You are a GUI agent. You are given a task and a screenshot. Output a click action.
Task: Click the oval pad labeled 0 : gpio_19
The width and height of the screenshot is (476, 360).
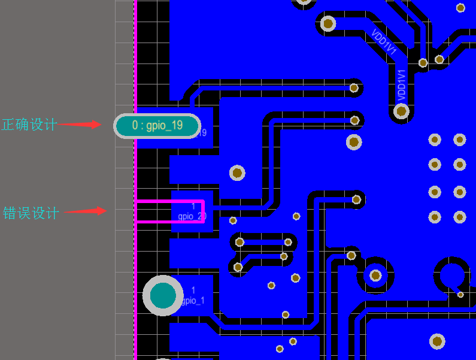tap(157, 126)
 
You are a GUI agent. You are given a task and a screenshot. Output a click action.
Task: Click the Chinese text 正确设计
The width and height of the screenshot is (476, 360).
tap(29, 125)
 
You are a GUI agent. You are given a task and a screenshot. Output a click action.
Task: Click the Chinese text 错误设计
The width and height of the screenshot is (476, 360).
tap(31, 213)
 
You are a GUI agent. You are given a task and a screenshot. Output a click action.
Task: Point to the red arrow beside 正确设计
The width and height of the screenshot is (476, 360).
tap(81, 125)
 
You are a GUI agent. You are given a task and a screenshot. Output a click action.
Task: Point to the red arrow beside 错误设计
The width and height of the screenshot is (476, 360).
tap(84, 211)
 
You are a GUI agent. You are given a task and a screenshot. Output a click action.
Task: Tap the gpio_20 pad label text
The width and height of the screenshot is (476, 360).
tap(192, 216)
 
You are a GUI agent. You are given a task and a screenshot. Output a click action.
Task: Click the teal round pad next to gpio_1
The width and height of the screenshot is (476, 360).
tap(163, 296)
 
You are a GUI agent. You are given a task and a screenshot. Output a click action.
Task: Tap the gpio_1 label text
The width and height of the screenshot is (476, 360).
tap(192, 300)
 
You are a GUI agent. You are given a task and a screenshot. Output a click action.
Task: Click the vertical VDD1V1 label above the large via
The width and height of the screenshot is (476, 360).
tap(402, 84)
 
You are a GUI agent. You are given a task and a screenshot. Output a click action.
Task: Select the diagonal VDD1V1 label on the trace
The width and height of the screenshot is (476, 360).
tap(384, 43)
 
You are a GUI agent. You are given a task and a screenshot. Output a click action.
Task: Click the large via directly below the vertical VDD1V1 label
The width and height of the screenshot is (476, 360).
tap(402, 111)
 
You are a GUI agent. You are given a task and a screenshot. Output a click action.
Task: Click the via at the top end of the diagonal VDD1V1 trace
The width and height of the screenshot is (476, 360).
tap(328, 23)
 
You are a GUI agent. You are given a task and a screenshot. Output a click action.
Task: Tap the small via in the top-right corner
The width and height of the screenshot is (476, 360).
tap(460, 8)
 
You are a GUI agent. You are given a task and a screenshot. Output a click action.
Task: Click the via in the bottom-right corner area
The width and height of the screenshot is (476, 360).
tap(438, 341)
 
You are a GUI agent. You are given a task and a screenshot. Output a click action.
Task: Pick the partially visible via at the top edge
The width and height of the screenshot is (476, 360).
tap(304, 2)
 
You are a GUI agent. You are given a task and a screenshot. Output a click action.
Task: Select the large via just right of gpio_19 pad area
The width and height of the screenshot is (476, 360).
tap(237, 173)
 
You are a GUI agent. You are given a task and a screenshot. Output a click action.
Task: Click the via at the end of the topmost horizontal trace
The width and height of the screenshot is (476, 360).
tap(354, 88)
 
